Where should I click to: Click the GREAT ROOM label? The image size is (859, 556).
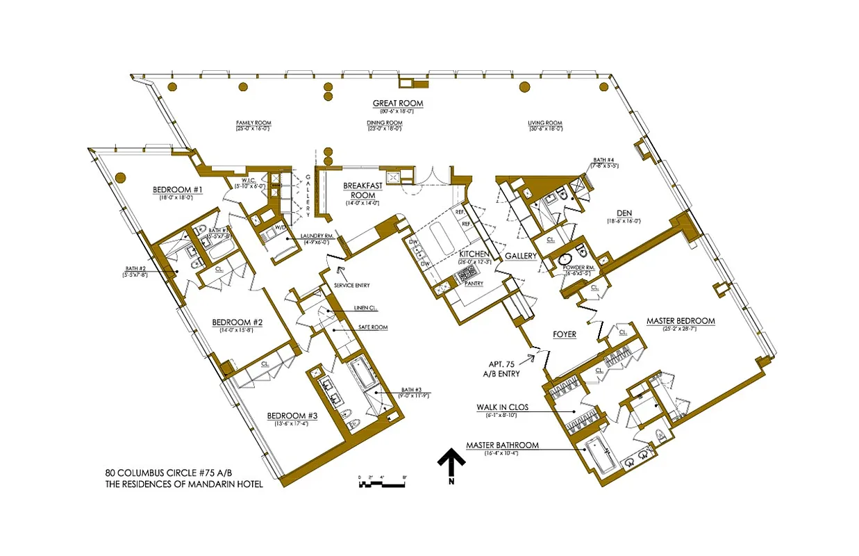tap(397, 104)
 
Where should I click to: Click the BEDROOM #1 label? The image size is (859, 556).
tap(178, 190)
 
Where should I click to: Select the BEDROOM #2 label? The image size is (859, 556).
tap(237, 322)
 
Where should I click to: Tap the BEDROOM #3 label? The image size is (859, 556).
tap(292, 416)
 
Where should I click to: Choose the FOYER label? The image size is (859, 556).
tap(565, 334)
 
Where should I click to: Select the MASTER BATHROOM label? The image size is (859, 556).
tap(501, 445)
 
